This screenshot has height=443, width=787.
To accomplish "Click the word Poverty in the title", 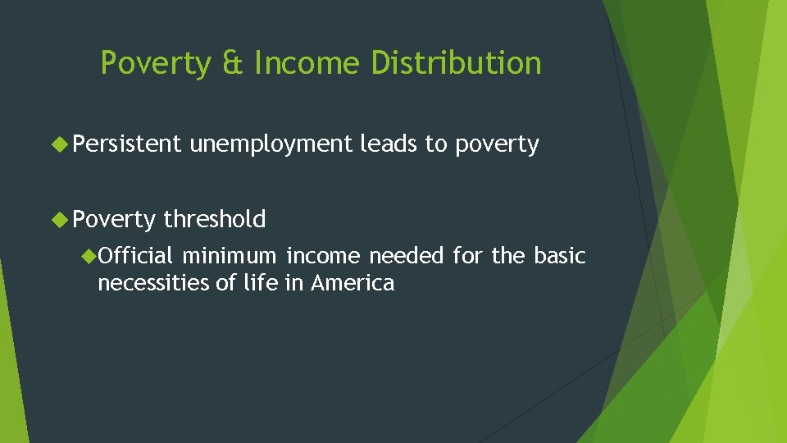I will pyautogui.click(x=155, y=63).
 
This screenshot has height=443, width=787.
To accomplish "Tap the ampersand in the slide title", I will pyautogui.click(x=233, y=63).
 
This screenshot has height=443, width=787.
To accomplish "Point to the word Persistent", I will pyautogui.click(x=126, y=144).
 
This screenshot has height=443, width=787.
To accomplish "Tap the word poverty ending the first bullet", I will pyautogui.click(x=497, y=145).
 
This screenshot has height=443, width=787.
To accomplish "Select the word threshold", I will pyautogui.click(x=214, y=219).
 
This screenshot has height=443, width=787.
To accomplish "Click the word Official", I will pyautogui.click(x=135, y=256).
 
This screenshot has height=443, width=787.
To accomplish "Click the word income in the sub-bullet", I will pyautogui.click(x=324, y=256).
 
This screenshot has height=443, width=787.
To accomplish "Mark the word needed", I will pyautogui.click(x=407, y=256).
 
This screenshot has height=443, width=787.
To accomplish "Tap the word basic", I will pyautogui.click(x=560, y=256).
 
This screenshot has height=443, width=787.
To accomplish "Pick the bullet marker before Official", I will pyautogui.click(x=88, y=256).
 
